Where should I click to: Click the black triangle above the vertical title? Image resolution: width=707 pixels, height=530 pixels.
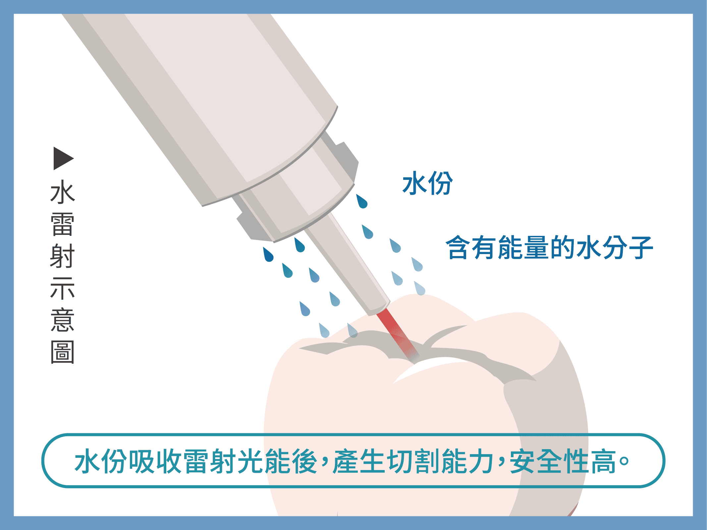coord(63,158)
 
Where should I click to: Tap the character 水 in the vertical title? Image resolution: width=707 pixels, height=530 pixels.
coord(63,192)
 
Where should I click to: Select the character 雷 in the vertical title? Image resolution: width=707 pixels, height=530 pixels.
coord(63,224)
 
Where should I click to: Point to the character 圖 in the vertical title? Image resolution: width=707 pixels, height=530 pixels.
coord(63,352)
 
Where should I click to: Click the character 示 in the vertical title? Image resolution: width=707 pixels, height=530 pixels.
coord(63,288)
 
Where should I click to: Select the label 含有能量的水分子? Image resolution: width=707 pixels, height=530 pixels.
coord(549,247)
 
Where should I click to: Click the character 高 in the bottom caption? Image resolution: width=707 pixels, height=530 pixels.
coord(603,461)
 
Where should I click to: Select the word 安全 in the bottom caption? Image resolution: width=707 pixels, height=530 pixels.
coord(536,461)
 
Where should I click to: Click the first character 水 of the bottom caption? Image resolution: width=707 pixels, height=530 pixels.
coord(88,461)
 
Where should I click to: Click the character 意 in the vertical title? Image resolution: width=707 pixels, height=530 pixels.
coord(63,320)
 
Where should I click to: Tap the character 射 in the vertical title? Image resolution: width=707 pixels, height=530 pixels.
coord(63,256)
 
